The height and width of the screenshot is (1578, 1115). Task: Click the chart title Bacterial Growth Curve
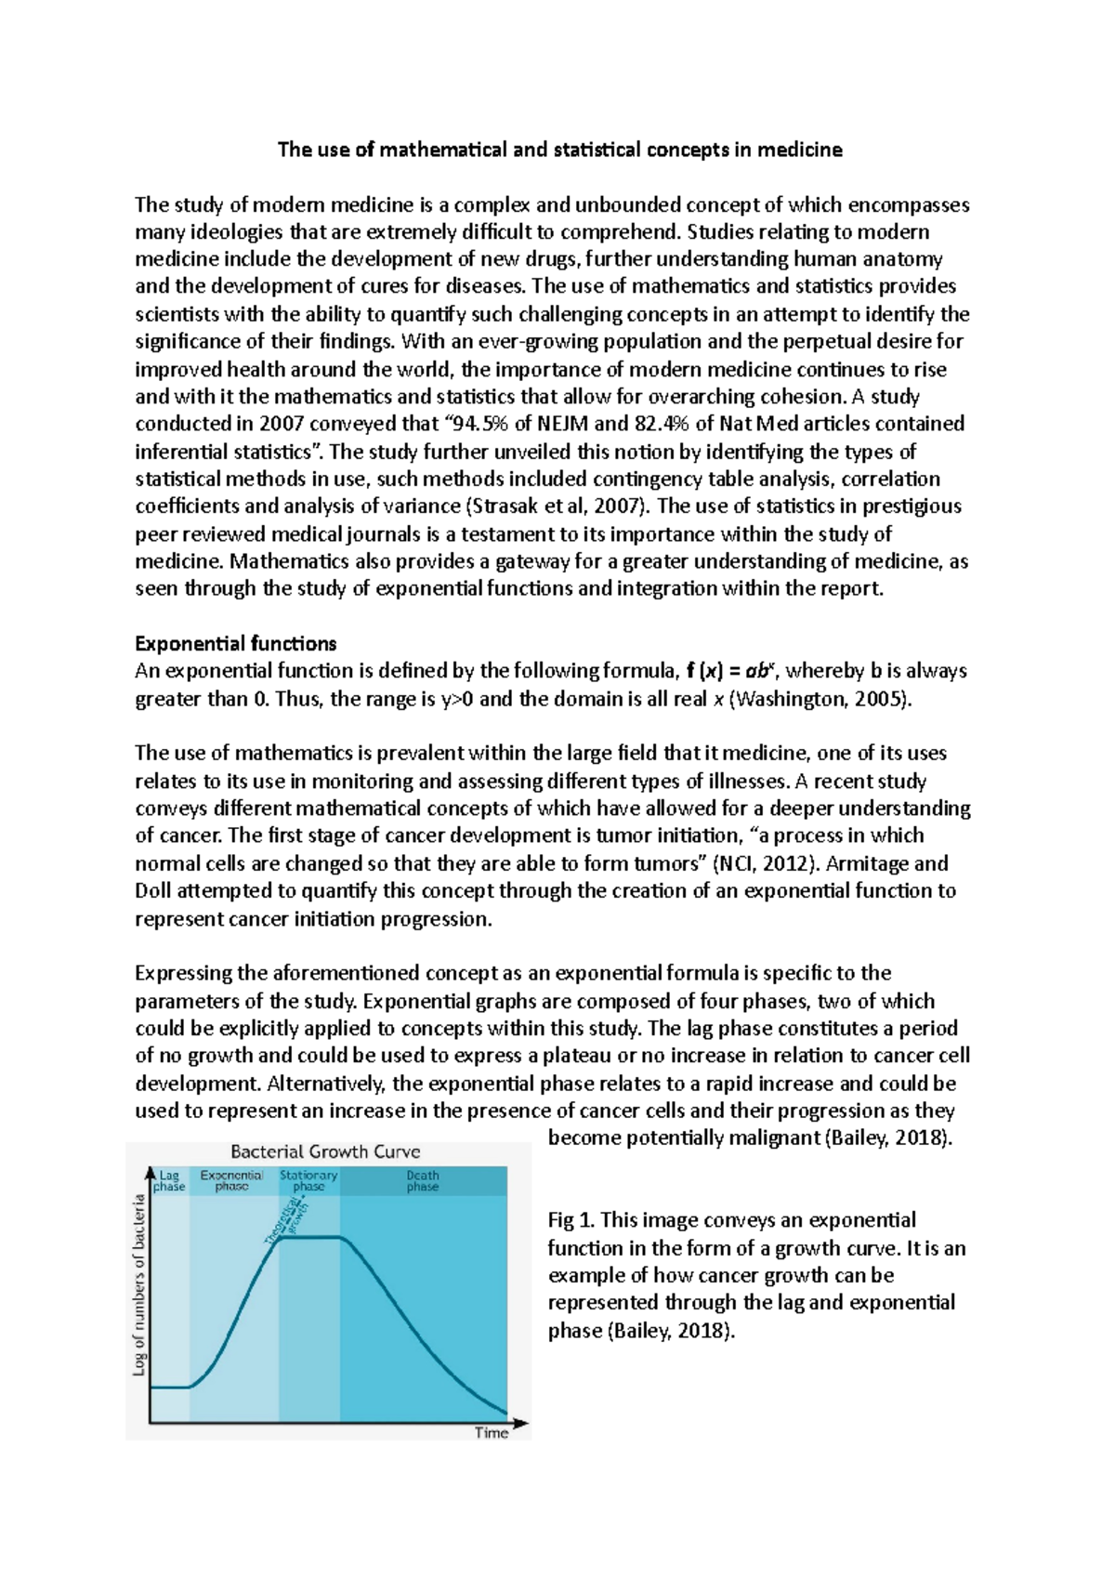(x=325, y=1151)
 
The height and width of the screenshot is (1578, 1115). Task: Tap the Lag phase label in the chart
(x=169, y=1180)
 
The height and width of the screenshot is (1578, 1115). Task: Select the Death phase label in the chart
(x=423, y=1180)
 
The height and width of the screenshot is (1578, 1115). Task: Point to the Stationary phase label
(x=308, y=1180)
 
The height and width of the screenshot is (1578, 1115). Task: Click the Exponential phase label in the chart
(x=232, y=1180)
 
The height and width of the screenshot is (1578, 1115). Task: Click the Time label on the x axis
(x=492, y=1432)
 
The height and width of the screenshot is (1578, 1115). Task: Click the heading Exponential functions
(x=236, y=643)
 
